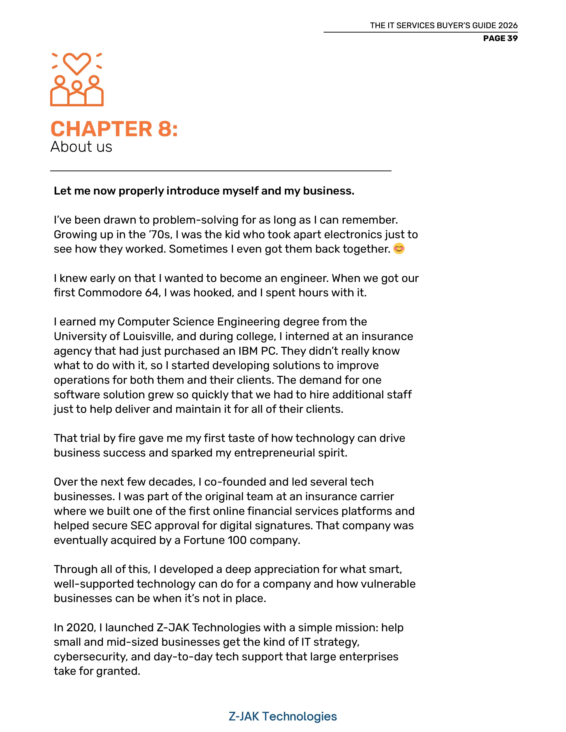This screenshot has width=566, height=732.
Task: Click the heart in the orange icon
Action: (77, 63)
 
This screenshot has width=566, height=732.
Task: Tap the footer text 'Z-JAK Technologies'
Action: (283, 716)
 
